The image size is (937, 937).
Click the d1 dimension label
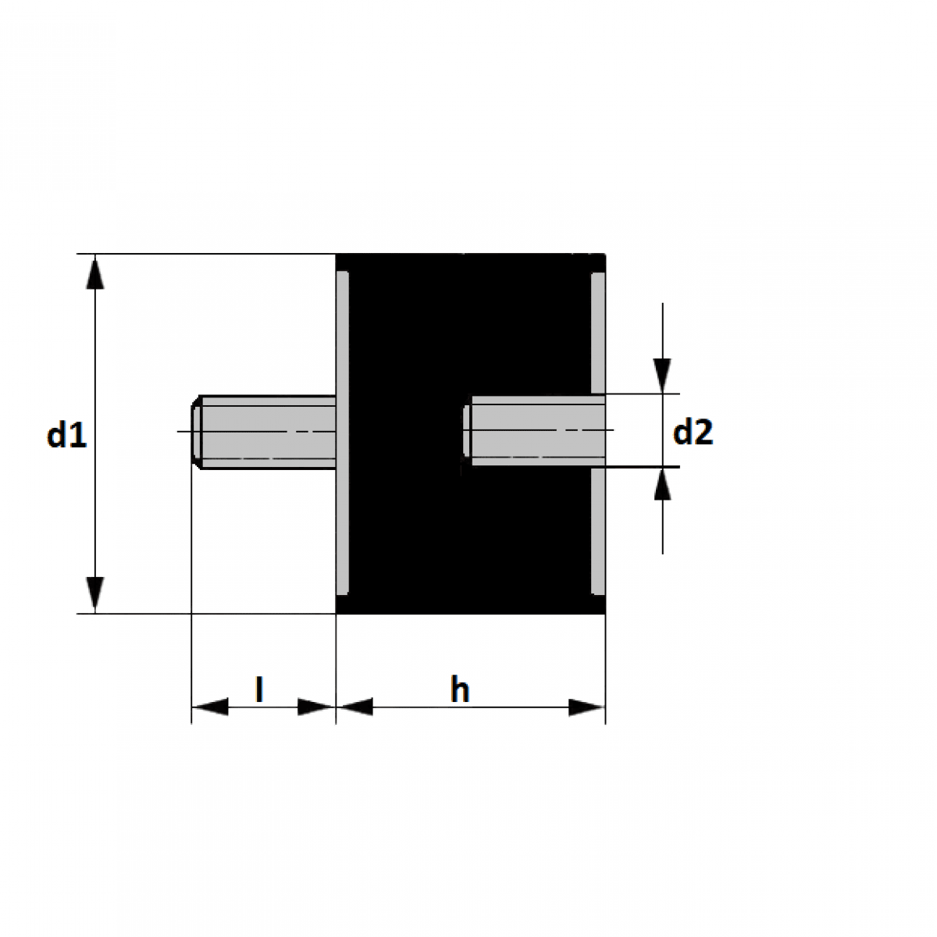pos(66,435)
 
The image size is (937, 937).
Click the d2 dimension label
pos(693,432)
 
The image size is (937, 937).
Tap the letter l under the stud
pos(259,689)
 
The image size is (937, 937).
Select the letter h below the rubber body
pos(460,689)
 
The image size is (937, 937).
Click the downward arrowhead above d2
pos(662,376)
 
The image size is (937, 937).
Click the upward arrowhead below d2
pos(662,485)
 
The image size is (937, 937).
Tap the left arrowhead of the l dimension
pos(209,707)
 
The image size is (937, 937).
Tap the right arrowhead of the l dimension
pos(317,707)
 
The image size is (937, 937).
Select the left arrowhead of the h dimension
pos(355,707)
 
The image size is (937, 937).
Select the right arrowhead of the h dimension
pos(586,707)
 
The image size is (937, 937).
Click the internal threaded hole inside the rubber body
pos(535,431)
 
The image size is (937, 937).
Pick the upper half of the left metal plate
pos(342,332)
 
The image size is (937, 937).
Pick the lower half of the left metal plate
pos(342,531)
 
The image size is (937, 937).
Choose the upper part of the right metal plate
pos(598,332)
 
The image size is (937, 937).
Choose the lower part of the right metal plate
pos(598,531)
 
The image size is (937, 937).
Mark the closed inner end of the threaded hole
pos(467,431)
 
